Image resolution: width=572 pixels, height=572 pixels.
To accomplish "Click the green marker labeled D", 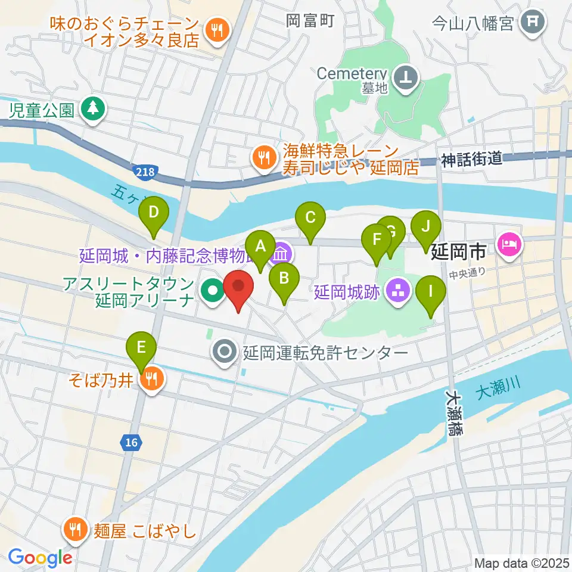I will pos(154,213).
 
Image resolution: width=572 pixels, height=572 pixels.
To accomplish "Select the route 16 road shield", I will pos(130,442).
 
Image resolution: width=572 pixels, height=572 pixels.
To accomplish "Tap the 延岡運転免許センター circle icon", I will pos(225,352).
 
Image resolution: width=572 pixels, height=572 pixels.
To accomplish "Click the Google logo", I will pos(41,557).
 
